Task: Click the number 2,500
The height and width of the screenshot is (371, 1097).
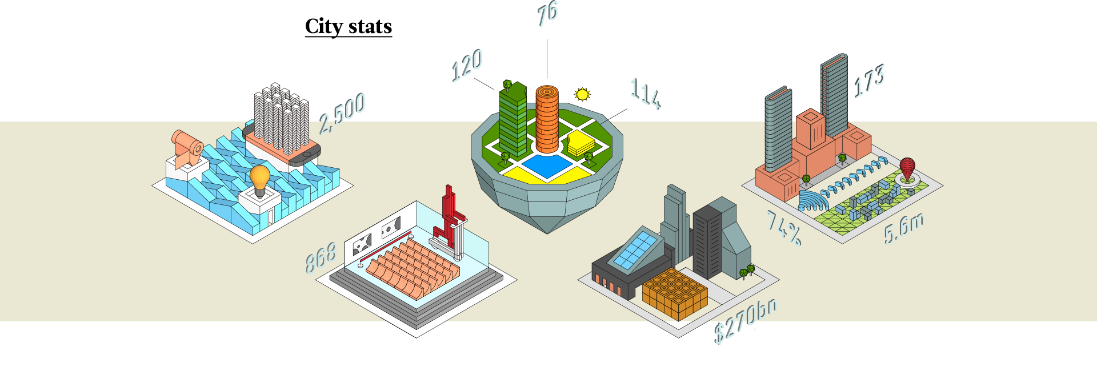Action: pos(342,112)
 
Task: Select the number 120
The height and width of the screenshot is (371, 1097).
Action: pos(468,65)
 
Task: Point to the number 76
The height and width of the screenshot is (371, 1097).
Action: pos(548,14)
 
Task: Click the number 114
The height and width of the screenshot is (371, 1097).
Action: pos(645,94)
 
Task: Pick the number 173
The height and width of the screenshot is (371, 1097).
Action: pos(870,80)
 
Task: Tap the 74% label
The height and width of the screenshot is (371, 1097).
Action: pos(784,227)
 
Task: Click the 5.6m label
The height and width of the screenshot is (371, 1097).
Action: pos(904,227)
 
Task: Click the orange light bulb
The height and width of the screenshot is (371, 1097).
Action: pos(260,179)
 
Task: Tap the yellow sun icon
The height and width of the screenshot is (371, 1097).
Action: pos(582,94)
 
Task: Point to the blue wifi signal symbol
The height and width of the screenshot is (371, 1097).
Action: pos(813,199)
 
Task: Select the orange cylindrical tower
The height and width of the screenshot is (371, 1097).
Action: pos(547,119)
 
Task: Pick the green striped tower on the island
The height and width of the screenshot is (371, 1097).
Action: pos(513,120)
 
